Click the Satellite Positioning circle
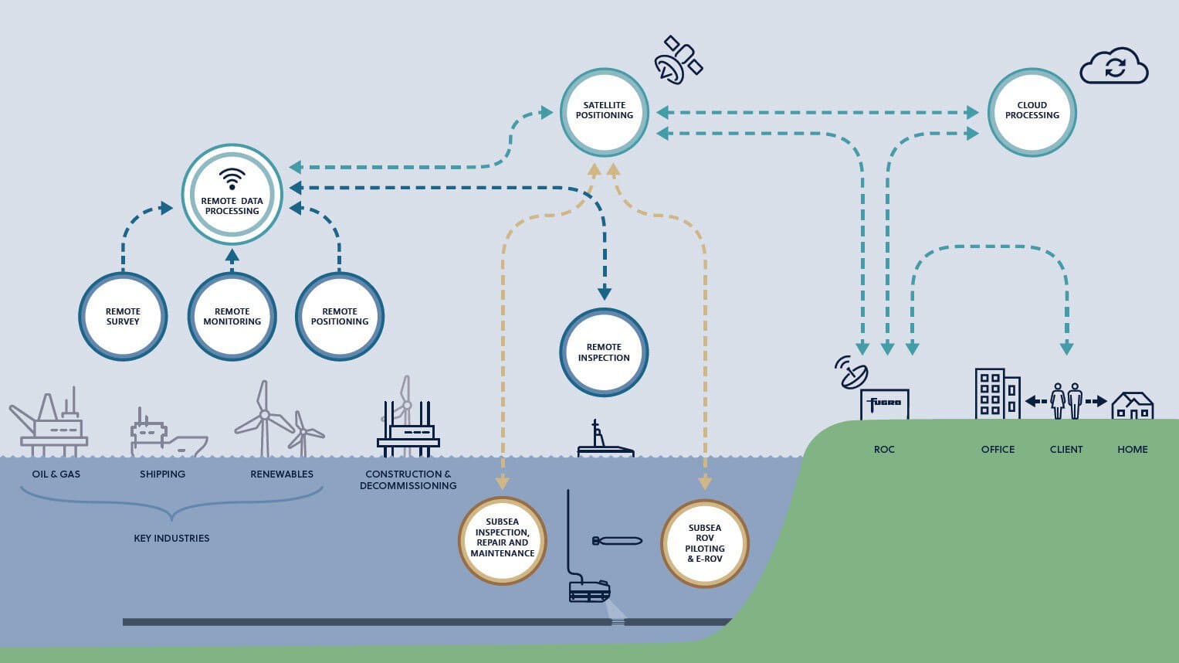tap(604, 112)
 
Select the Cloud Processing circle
tap(1032, 112)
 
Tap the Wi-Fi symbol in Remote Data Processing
tap(232, 178)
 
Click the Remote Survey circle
tap(123, 316)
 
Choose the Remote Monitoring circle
tap(232, 316)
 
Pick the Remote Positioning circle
tap(340, 316)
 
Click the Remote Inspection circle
tap(604, 352)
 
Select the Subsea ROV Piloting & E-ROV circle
tap(704, 543)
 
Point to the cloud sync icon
tap(1114, 66)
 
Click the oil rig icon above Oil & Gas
tap(49, 423)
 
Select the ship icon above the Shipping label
tap(166, 434)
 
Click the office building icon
tap(997, 394)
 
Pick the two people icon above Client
tap(1066, 401)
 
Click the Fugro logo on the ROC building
tap(885, 403)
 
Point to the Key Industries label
tap(171, 538)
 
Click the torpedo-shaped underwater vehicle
tap(617, 540)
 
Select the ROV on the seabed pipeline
tap(589, 591)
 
